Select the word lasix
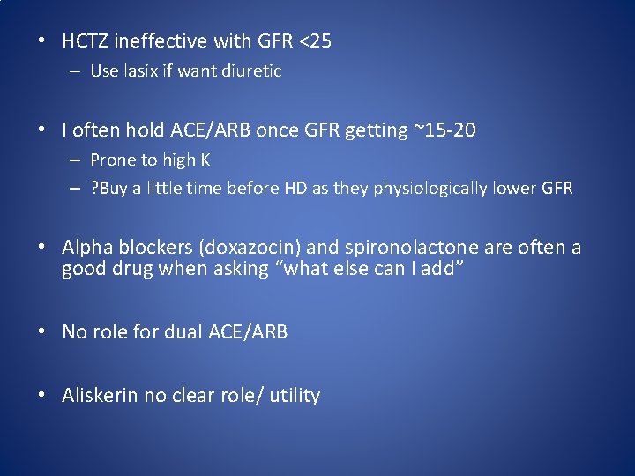coord(139,71)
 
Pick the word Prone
coord(112,160)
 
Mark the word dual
coord(185,331)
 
